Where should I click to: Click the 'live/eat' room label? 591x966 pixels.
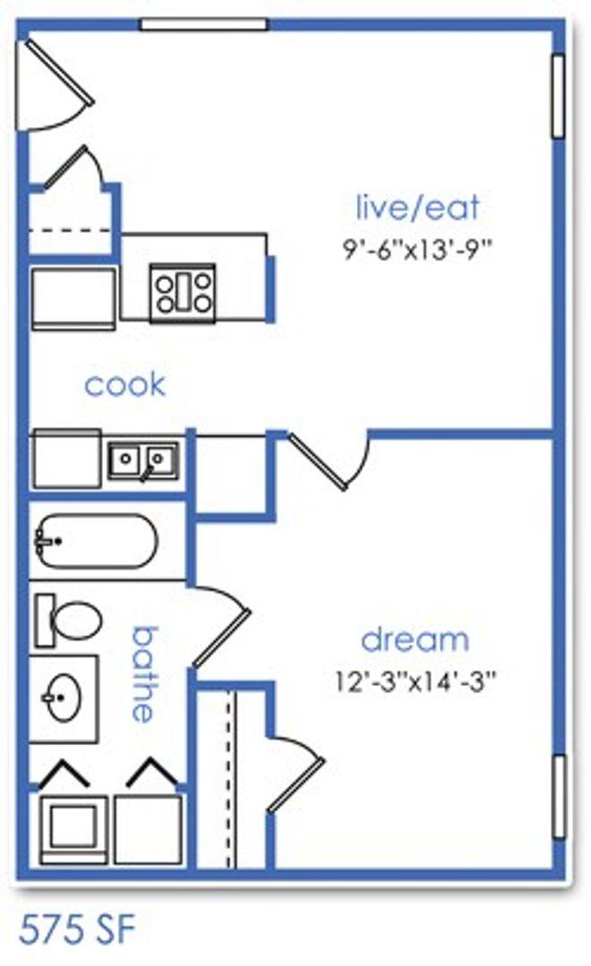(x=417, y=208)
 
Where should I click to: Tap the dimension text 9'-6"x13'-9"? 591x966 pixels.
(x=417, y=250)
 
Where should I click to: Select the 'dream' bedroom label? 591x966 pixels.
(x=415, y=640)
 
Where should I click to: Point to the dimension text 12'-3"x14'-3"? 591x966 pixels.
(x=415, y=682)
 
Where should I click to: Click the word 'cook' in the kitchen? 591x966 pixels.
(x=124, y=385)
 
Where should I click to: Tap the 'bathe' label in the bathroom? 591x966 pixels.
(x=144, y=674)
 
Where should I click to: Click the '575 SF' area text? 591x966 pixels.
(x=77, y=929)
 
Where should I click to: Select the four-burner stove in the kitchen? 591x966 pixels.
(x=184, y=292)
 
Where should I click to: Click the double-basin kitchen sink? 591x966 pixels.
(x=144, y=461)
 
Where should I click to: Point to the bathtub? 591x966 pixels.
(x=96, y=541)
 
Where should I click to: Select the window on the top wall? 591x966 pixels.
(x=203, y=25)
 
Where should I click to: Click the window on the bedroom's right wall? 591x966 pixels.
(x=559, y=797)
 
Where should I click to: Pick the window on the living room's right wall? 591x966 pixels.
(x=558, y=96)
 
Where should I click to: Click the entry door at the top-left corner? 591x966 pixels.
(x=55, y=84)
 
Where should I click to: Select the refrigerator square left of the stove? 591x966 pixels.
(x=73, y=299)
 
